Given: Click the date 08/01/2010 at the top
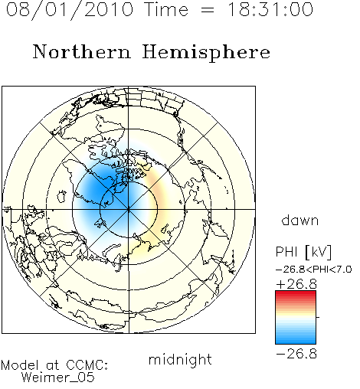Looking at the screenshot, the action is click(x=70, y=10).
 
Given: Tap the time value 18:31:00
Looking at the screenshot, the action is click(x=270, y=9).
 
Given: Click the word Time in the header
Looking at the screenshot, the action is click(x=166, y=9).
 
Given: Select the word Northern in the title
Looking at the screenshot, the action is click(x=82, y=51).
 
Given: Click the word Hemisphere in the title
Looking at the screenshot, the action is click(x=206, y=53).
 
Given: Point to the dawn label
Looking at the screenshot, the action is click(x=300, y=220).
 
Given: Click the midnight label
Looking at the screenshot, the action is click(x=180, y=359).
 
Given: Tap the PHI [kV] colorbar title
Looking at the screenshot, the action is click(x=303, y=252).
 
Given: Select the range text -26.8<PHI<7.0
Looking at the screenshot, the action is click(x=314, y=270).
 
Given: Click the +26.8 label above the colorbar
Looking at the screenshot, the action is click(x=296, y=284).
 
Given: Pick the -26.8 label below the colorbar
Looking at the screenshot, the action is click(x=296, y=354).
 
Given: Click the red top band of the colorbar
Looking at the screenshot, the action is click(x=296, y=294).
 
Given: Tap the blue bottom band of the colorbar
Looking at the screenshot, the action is click(x=296, y=341).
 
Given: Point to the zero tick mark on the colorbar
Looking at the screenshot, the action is click(x=318, y=317).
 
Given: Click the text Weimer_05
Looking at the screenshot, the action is click(x=58, y=377).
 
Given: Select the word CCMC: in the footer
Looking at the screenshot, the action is click(x=87, y=365).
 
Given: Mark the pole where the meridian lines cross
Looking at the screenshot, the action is click(x=129, y=209).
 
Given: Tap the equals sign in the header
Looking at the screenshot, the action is click(x=208, y=10).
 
